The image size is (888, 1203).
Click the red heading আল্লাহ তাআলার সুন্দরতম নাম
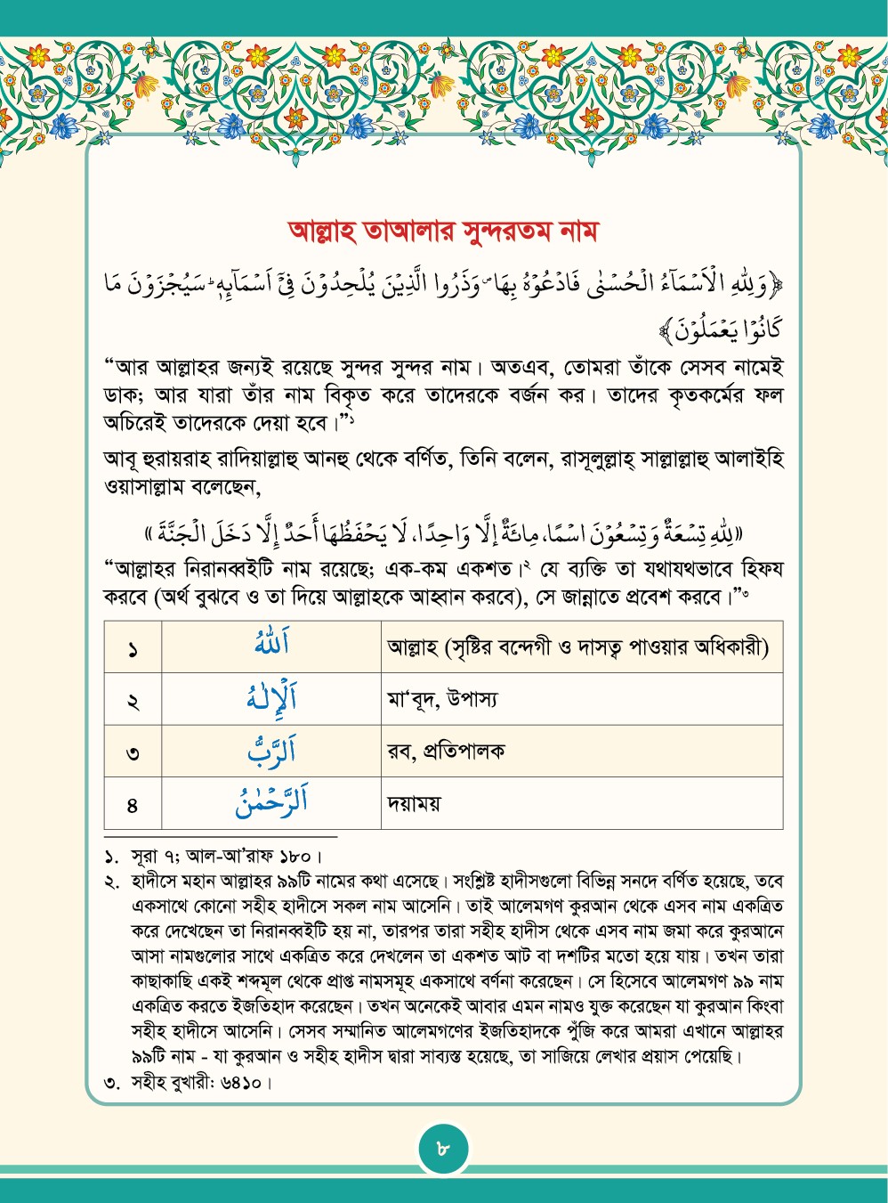pyautogui.click(x=443, y=232)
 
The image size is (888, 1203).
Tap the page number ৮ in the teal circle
pyautogui.click(x=444, y=1149)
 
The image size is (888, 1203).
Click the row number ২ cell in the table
pyautogui.click(x=133, y=701)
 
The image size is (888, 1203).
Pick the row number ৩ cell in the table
pyautogui.click(x=133, y=752)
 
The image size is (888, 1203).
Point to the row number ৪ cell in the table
pyautogui.click(x=133, y=805)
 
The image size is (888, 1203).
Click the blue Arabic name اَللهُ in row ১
pyautogui.click(x=271, y=645)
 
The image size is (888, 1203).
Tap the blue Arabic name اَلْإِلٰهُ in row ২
pyautogui.click(x=271, y=698)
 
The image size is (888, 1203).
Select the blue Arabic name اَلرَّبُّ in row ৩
pyautogui.click(x=271, y=751)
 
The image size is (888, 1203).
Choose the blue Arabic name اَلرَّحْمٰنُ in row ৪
pyautogui.click(x=271, y=802)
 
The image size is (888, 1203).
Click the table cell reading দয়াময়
pyautogui.click(x=415, y=804)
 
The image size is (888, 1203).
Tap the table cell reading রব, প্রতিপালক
pyautogui.click(x=446, y=752)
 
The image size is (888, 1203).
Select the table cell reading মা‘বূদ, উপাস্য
pyautogui.click(x=442, y=699)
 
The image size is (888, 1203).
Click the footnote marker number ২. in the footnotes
pyautogui.click(x=112, y=882)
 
